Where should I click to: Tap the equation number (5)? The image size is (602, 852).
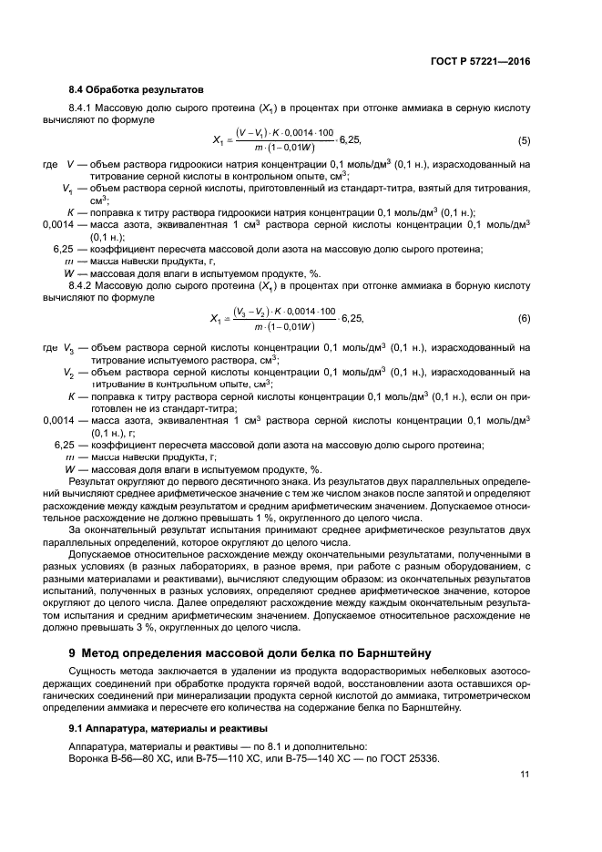[524, 140]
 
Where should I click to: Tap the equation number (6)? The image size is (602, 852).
[524, 318]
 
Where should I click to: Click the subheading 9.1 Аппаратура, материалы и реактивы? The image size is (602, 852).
[168, 728]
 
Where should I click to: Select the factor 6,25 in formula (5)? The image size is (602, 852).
[350, 140]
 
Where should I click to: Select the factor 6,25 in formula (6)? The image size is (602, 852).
[351, 318]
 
